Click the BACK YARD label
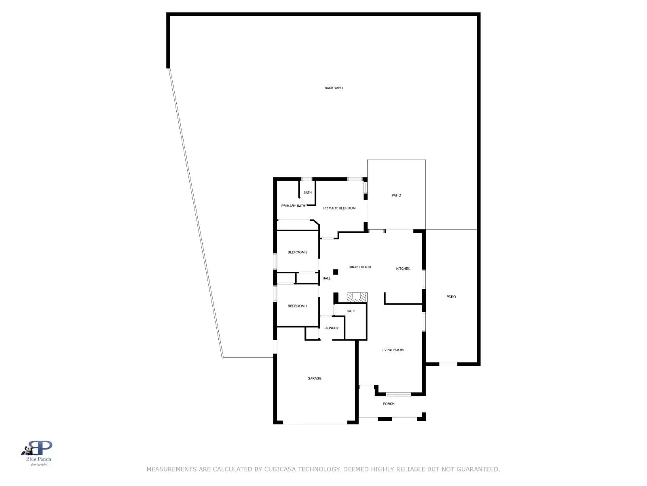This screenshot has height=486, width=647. [334, 88]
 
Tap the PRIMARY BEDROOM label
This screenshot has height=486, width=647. [339, 208]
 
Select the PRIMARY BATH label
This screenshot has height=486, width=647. [293, 206]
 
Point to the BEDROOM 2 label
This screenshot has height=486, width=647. [298, 252]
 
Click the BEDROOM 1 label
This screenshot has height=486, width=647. [298, 306]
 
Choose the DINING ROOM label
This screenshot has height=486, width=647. [360, 267]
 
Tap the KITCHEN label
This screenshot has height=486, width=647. [403, 269]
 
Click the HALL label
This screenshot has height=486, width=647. [327, 278]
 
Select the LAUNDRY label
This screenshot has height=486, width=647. [331, 328]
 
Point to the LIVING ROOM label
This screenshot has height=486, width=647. [393, 350]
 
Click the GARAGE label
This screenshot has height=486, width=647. [314, 378]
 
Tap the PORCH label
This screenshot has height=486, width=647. [389, 404]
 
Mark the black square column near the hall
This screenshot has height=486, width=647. [336, 272]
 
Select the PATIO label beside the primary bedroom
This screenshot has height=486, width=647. [396, 196]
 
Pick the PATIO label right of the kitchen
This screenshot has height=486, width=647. [451, 297]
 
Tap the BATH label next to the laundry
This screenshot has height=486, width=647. [351, 311]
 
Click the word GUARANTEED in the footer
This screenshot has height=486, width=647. [478, 469]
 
